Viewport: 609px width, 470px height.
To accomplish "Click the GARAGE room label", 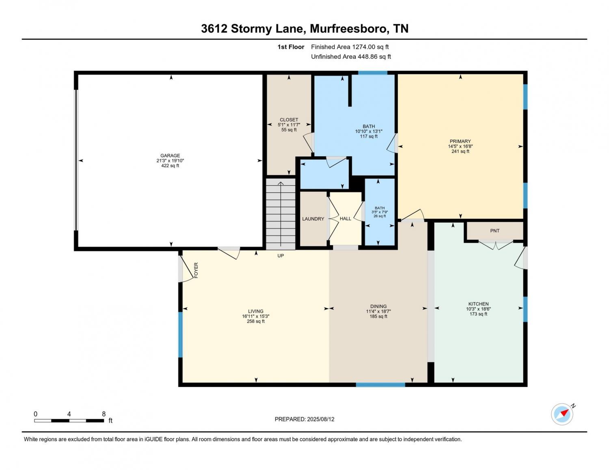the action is tap(170, 155).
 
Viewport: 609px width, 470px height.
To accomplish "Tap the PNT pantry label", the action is tap(495, 231).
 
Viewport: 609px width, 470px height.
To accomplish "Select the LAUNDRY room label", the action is tap(313, 219).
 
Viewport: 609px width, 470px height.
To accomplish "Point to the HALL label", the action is tap(345, 218).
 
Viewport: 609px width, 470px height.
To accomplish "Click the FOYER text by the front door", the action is tap(196, 270).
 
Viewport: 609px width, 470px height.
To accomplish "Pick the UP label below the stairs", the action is tap(281, 256).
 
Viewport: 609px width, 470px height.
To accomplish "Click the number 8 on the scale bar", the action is tap(104, 414).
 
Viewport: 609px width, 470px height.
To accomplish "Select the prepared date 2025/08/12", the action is tap(321, 419).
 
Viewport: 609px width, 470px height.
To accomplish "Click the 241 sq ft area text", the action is tap(460, 151).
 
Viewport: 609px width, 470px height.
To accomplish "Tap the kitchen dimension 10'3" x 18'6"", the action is tap(478, 309).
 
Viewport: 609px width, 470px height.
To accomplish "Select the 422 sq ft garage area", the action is tap(170, 166).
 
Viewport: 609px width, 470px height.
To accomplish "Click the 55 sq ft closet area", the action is tap(289, 130).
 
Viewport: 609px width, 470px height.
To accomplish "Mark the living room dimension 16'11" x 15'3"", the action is tap(256, 316).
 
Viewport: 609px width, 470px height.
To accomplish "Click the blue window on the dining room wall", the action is tap(380, 385).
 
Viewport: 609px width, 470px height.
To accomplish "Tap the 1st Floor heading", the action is tap(291, 47).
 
